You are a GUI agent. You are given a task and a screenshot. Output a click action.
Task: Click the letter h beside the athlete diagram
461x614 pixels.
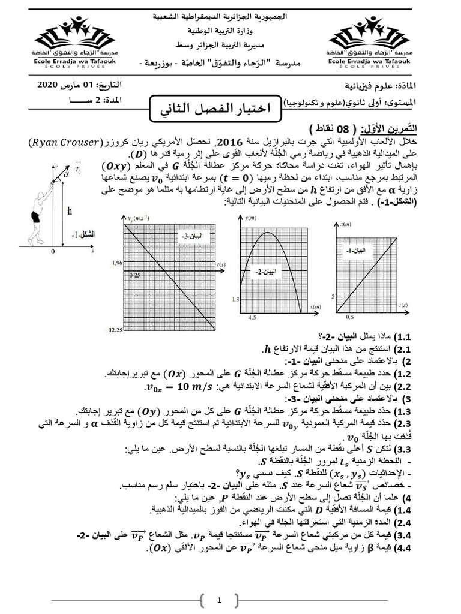(70, 210)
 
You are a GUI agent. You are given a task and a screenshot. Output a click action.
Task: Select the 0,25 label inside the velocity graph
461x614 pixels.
(134, 276)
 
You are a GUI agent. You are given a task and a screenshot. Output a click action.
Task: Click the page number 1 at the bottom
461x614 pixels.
(220, 600)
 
